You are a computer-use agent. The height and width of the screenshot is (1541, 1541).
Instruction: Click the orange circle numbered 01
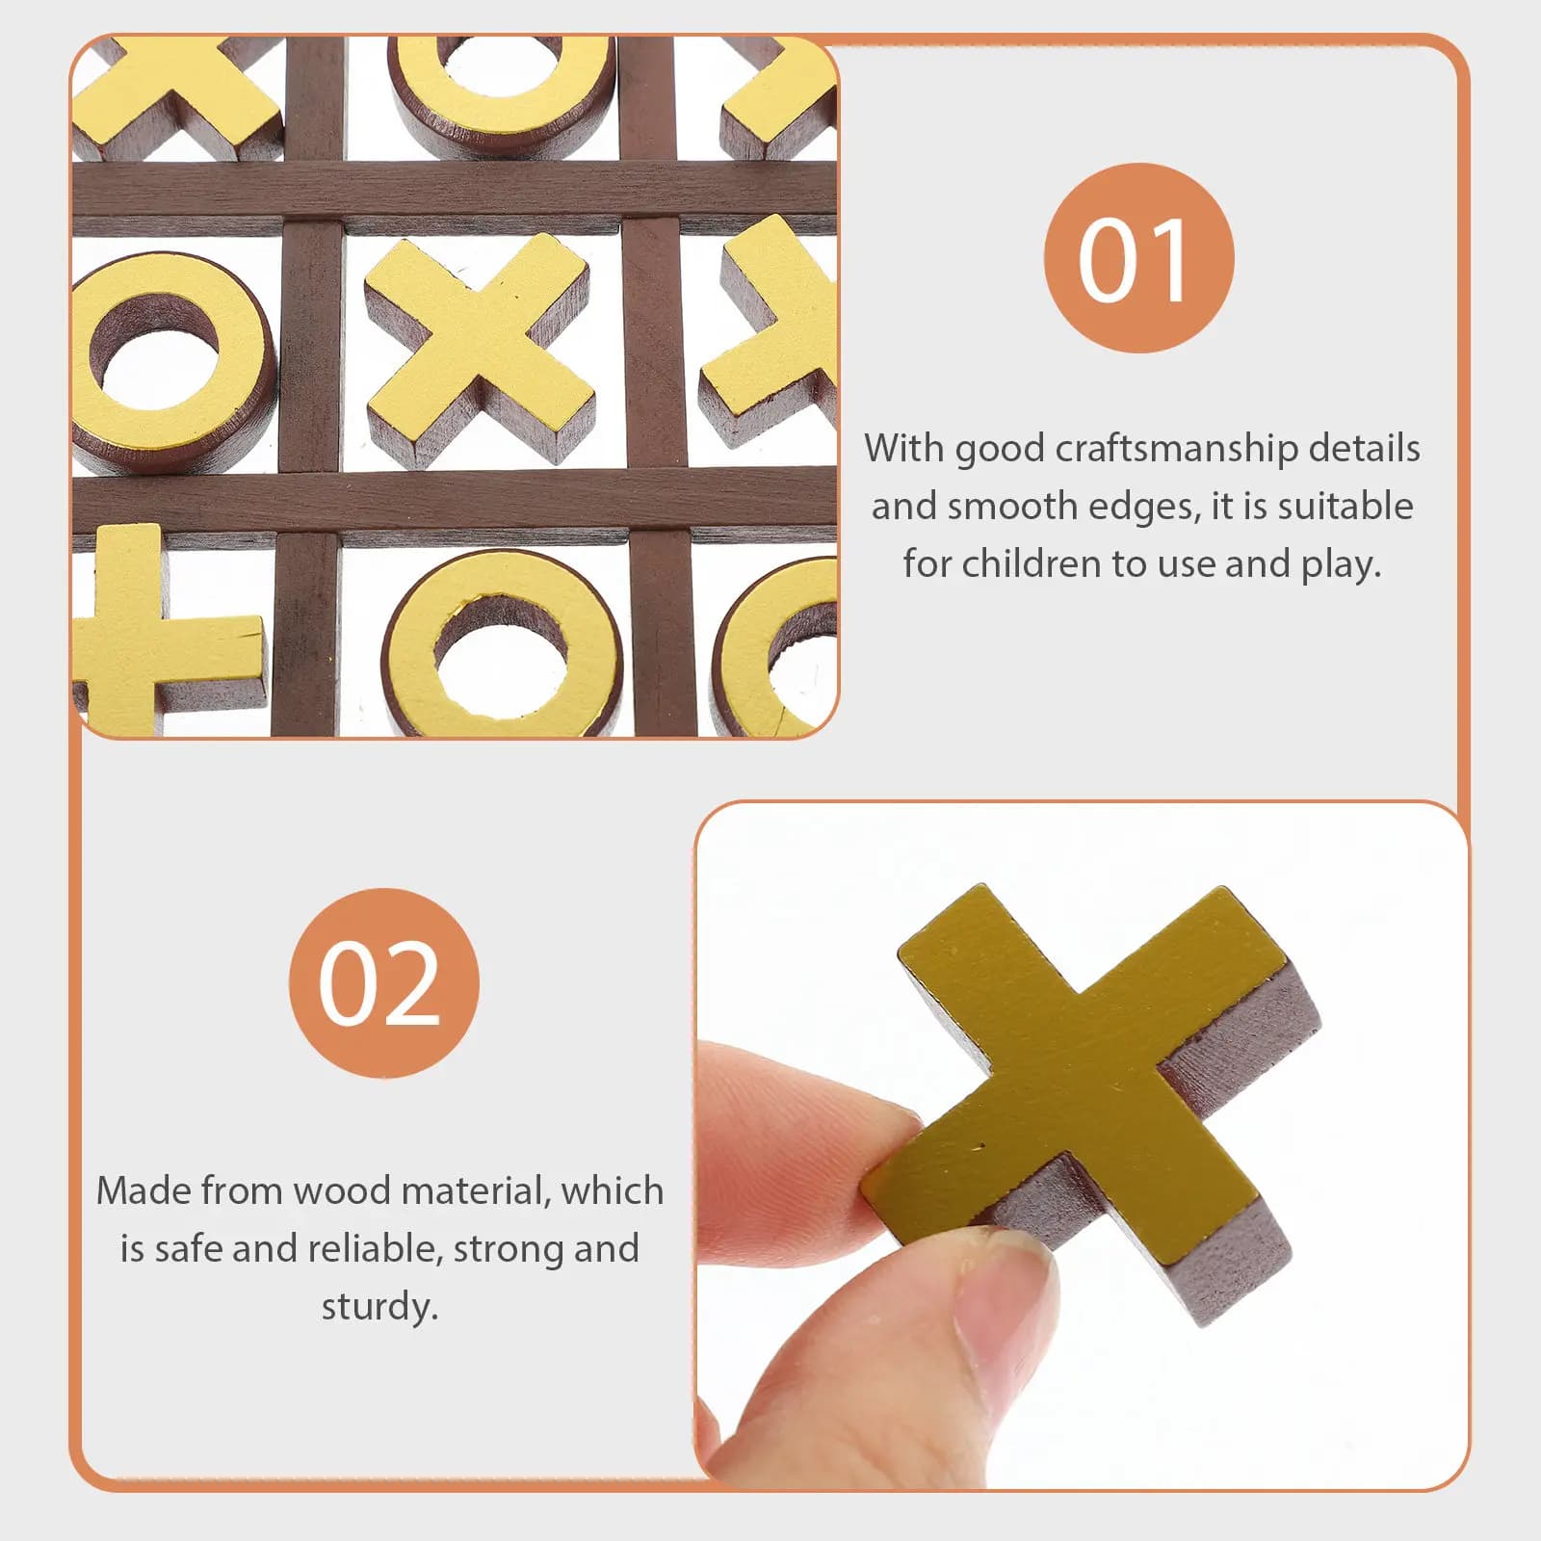1138,258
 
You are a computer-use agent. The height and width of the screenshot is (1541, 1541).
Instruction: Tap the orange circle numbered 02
383,982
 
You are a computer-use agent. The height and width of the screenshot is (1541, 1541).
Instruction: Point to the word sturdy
379,1307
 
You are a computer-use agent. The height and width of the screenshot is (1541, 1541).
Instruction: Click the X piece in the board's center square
479,349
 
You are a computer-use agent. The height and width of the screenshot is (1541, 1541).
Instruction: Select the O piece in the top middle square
501,91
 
